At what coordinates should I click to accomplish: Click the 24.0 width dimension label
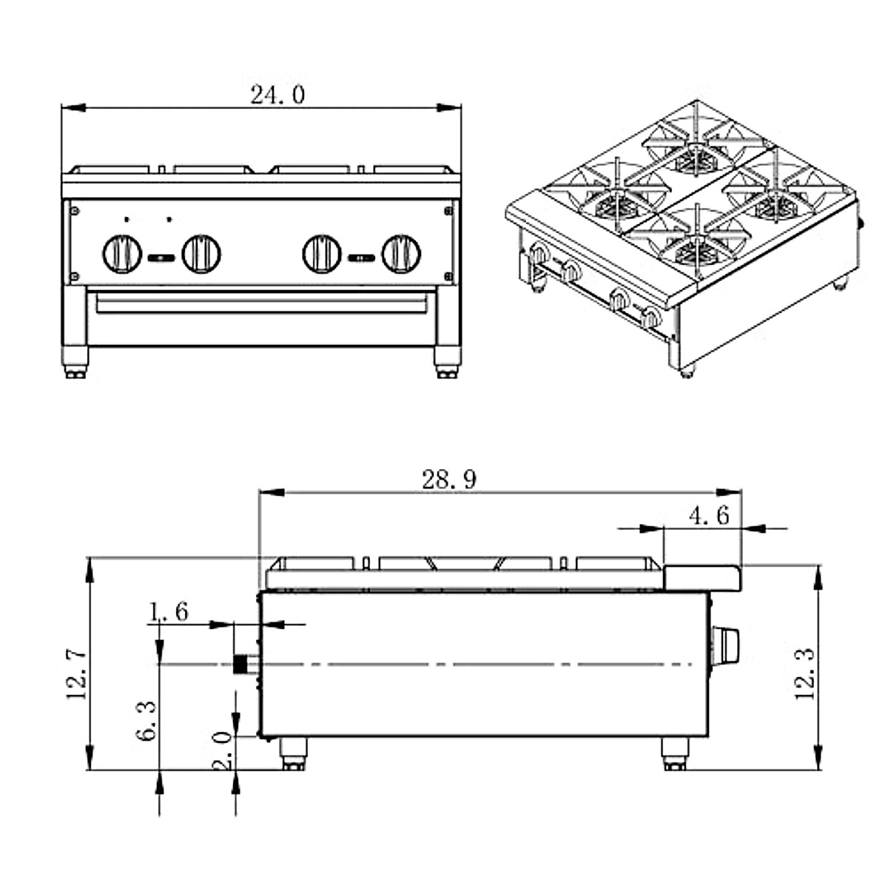277,95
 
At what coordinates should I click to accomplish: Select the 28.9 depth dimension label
449,480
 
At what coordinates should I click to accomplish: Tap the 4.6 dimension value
708,515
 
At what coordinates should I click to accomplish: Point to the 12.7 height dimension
77,673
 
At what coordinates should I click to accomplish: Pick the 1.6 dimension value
169,611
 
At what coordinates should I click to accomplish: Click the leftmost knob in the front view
121,254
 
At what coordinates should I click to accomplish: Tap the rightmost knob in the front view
401,254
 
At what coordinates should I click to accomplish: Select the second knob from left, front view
201,254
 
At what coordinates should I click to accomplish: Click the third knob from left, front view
322,254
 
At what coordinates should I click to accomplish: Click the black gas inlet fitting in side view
240,664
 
